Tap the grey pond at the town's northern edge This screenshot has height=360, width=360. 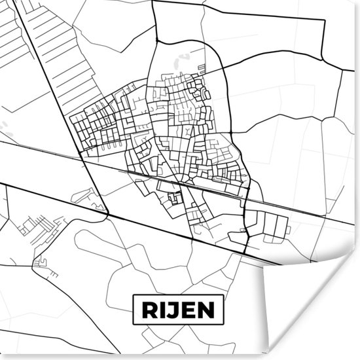(177, 63)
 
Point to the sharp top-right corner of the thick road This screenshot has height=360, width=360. (323, 21)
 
